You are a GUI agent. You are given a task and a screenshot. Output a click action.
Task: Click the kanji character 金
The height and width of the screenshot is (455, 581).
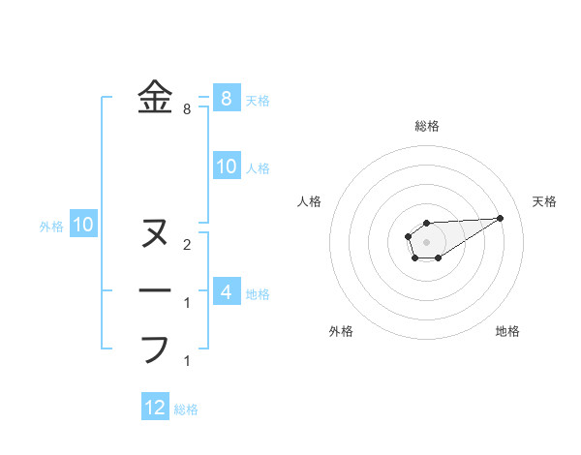(x=155, y=98)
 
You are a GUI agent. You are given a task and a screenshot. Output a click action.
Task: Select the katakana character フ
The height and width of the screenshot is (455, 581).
(x=155, y=349)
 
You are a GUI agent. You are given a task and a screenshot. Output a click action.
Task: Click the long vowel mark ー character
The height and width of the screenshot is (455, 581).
(x=155, y=290)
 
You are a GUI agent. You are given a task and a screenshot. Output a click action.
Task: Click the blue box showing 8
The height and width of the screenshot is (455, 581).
(x=226, y=98)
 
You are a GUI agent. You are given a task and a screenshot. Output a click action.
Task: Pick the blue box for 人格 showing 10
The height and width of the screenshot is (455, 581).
(x=226, y=167)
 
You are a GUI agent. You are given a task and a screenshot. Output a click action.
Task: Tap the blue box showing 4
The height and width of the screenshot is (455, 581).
(x=226, y=291)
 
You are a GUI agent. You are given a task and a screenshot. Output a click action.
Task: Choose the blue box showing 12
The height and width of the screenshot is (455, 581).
(x=155, y=408)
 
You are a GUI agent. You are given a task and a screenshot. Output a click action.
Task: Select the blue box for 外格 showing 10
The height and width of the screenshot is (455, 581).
(x=83, y=226)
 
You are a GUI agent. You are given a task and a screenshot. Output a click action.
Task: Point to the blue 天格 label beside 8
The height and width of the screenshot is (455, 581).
(x=258, y=100)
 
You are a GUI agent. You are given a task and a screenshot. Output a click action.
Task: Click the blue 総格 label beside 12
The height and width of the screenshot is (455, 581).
(x=186, y=409)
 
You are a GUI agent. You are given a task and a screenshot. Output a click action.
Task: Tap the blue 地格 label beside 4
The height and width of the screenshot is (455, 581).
(x=258, y=293)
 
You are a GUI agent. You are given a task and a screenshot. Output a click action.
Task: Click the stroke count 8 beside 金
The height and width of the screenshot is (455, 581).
(x=186, y=109)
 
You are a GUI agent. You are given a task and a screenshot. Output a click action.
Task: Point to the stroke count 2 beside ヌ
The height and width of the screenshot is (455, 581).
(x=186, y=244)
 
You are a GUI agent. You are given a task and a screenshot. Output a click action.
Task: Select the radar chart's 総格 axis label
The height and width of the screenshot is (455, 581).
(x=426, y=126)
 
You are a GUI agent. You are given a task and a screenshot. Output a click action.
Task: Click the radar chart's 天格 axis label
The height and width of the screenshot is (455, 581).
(x=544, y=201)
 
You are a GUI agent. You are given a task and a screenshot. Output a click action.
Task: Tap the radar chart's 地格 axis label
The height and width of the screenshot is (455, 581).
(x=507, y=332)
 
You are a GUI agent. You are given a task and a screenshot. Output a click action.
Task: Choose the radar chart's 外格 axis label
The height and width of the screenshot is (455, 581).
(x=341, y=332)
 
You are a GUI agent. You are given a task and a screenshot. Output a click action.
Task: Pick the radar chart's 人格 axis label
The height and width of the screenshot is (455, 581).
(x=310, y=201)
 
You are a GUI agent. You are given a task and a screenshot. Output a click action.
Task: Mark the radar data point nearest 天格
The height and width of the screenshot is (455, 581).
(x=501, y=217)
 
